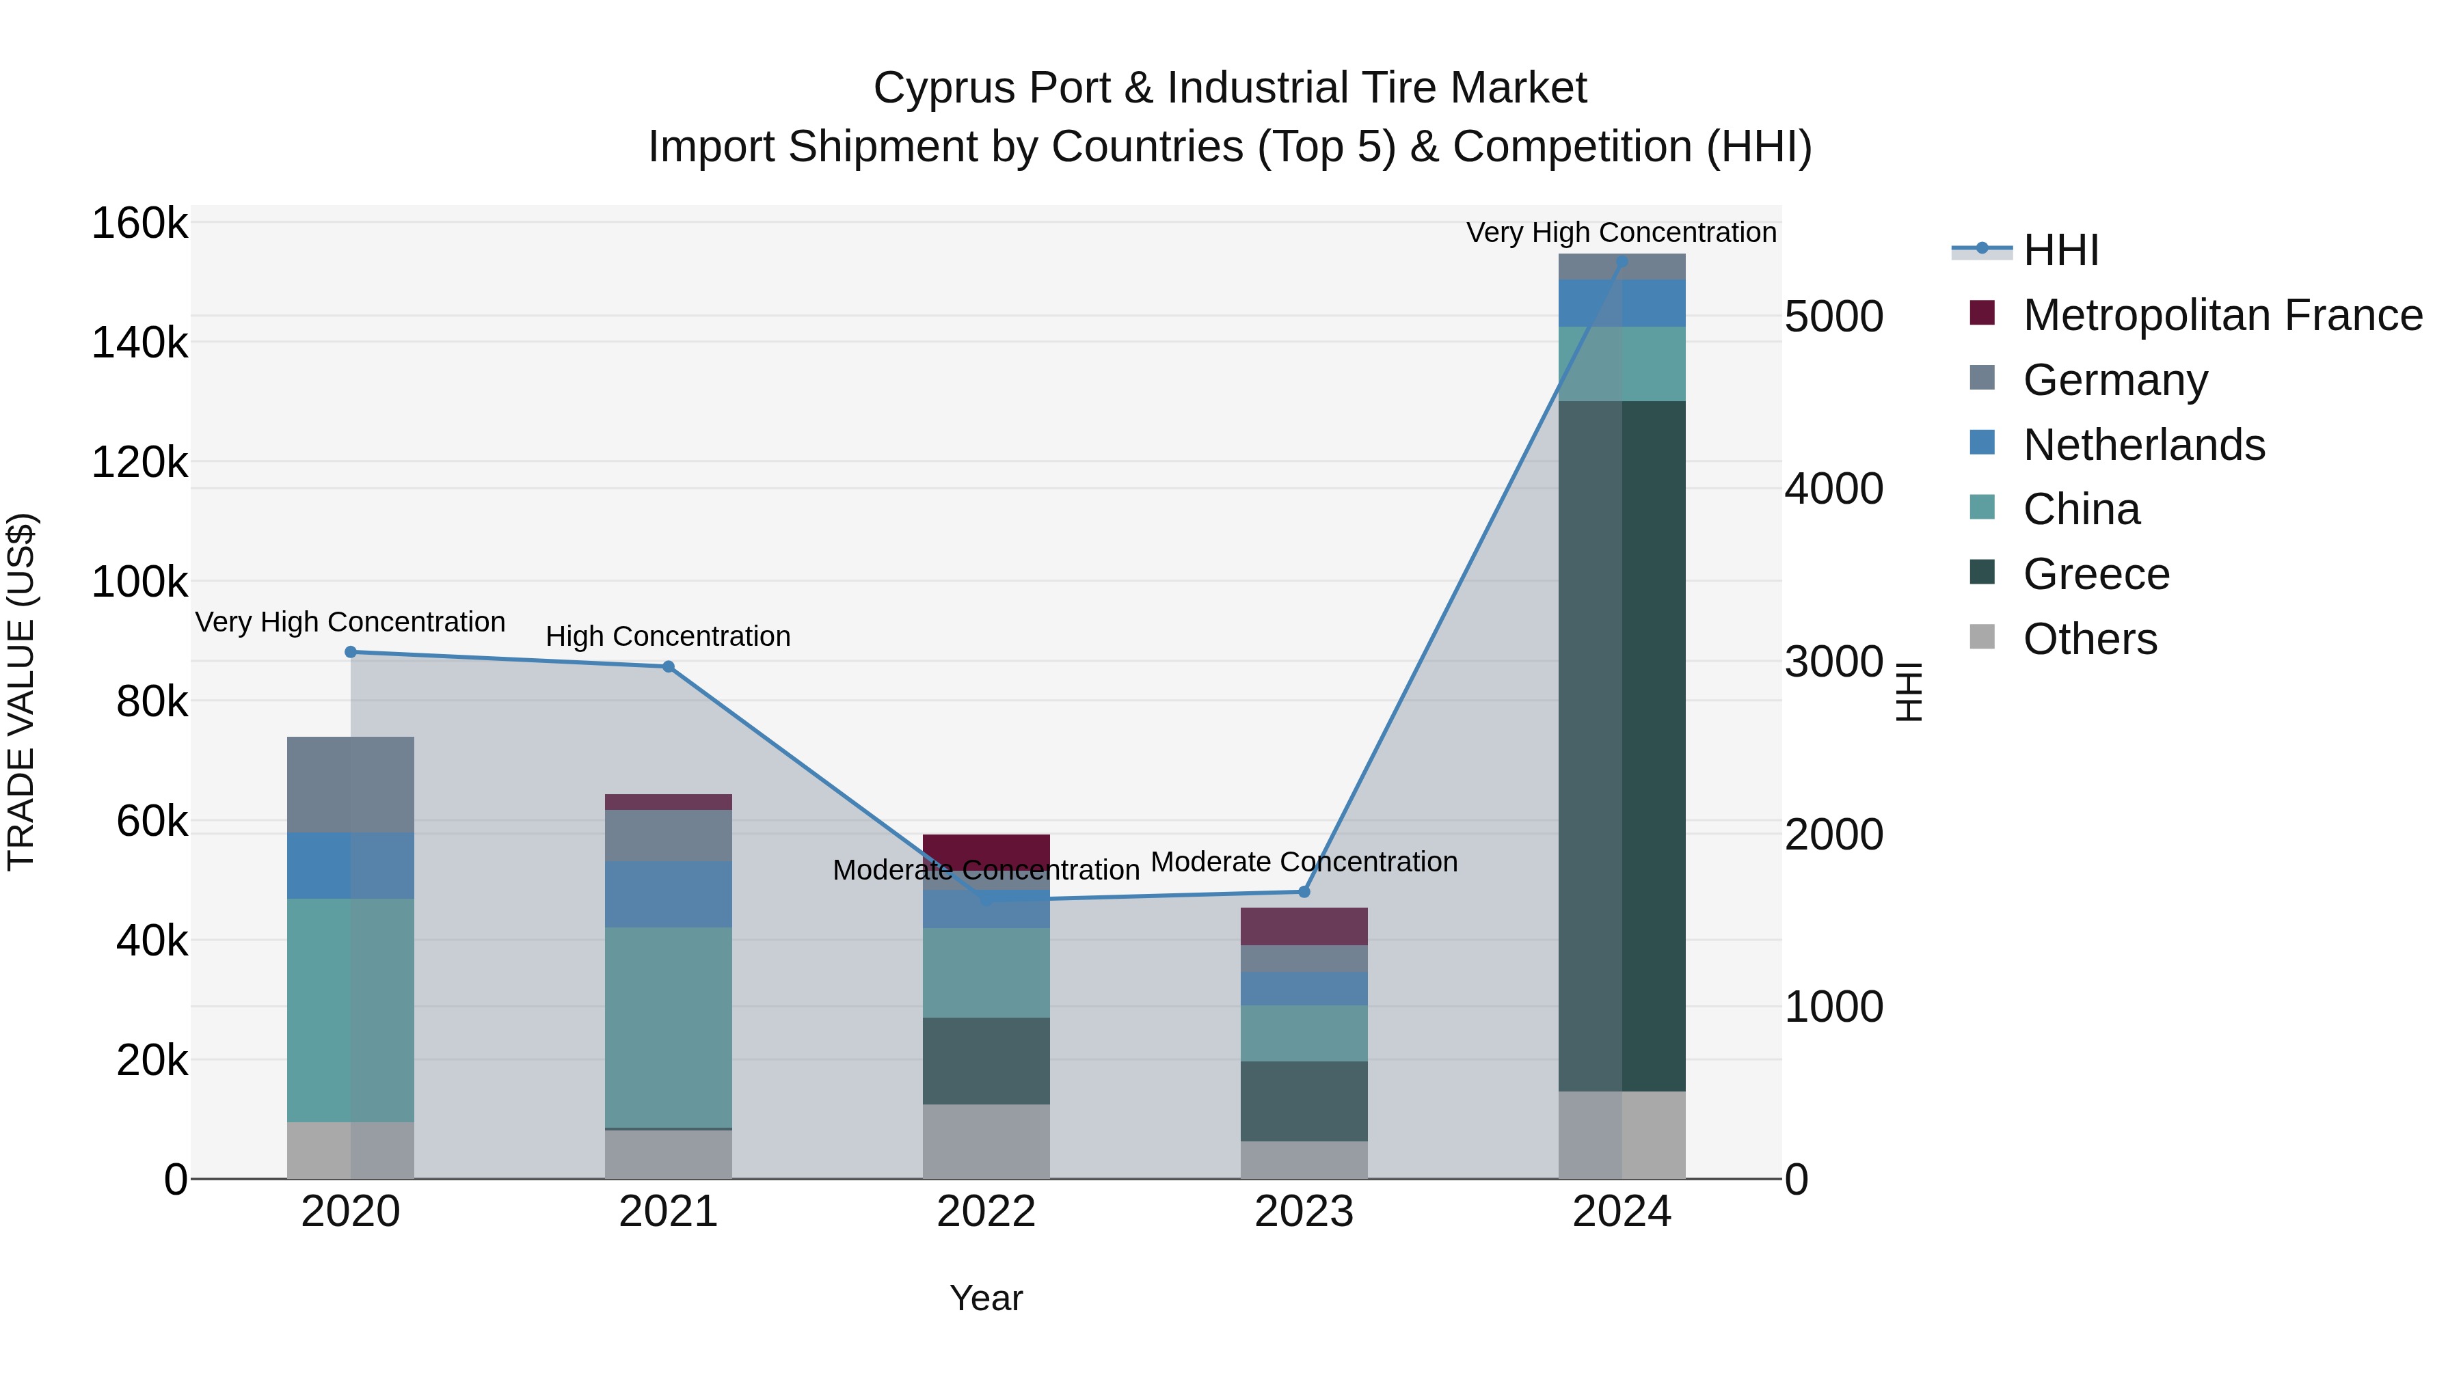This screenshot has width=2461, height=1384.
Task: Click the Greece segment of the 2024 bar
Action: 1622,745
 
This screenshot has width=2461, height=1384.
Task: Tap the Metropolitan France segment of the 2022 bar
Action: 986,849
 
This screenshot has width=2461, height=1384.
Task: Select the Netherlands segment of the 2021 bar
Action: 668,893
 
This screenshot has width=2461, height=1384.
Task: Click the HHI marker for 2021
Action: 668,666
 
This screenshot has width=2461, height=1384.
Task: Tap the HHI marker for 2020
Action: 351,651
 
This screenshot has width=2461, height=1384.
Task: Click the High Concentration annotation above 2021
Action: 668,636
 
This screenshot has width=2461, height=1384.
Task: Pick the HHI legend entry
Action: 2060,250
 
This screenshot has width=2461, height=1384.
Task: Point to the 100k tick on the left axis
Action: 139,581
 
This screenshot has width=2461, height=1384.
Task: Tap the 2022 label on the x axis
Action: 986,1212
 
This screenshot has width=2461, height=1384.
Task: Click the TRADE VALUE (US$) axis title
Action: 21,692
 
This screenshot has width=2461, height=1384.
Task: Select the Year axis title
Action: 986,1298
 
